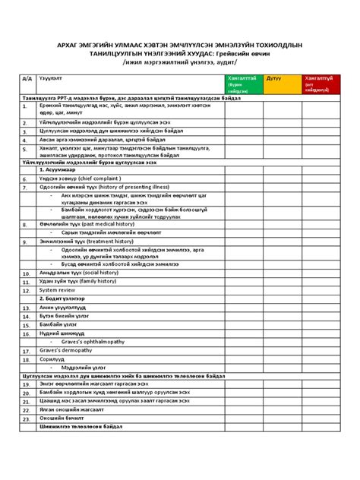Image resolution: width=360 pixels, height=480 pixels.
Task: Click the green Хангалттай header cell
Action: click(x=239, y=83)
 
